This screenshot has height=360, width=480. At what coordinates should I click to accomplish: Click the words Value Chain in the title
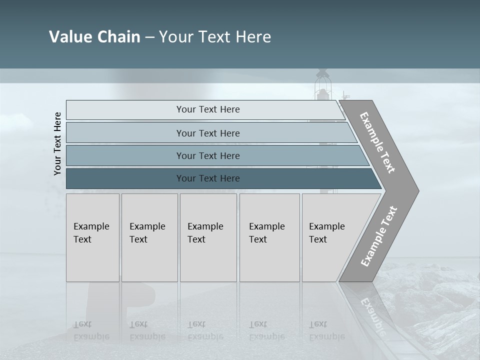(94, 37)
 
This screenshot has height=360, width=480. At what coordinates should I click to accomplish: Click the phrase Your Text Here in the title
(215, 37)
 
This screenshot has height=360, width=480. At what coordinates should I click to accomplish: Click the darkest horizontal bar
(125, 178)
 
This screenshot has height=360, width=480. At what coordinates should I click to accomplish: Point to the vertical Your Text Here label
(57, 143)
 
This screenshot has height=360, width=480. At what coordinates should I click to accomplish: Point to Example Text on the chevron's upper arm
(377, 142)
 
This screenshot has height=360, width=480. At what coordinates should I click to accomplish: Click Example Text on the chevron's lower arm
(379, 236)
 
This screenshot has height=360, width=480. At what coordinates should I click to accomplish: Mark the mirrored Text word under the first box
(82, 324)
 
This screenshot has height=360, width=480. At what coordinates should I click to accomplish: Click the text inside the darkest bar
(208, 178)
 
